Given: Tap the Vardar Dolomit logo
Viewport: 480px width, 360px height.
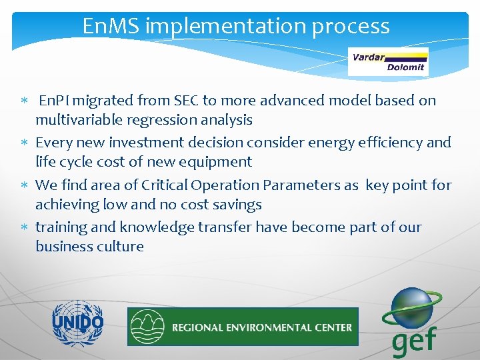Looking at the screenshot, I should point(389,62).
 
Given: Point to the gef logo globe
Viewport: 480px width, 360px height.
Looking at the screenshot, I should point(412,308).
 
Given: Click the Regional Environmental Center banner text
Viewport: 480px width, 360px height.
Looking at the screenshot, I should point(261,327).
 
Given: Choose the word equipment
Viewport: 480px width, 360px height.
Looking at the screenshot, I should point(221,162).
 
